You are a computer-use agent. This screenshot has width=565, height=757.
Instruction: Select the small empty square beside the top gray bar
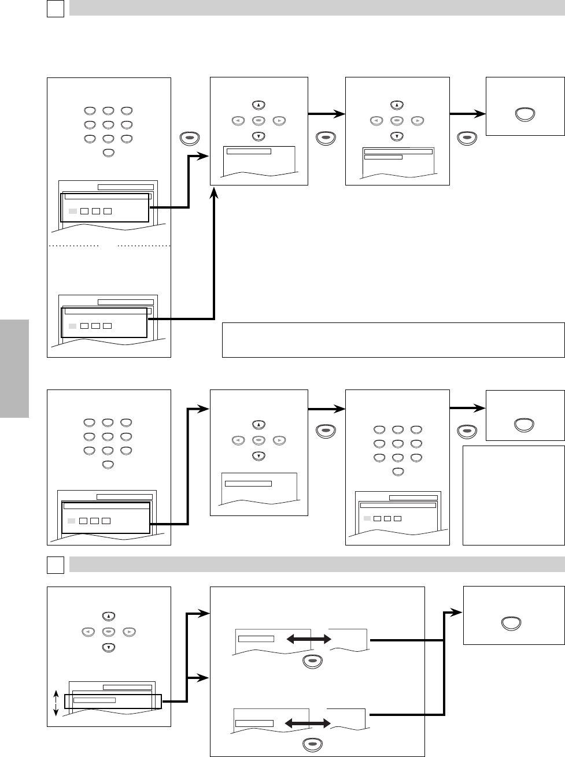tap(55, 8)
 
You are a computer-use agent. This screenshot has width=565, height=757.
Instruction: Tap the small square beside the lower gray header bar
tap(55, 565)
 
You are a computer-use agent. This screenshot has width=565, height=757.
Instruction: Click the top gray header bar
tap(316, 8)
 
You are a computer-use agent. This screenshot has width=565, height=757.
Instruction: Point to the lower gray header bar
tap(316, 564)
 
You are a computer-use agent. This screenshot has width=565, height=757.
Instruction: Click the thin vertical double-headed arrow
tap(56, 703)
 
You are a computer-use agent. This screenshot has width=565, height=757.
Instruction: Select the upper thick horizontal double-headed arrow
tap(309, 639)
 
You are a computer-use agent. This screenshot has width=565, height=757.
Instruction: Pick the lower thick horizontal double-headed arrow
tap(308, 723)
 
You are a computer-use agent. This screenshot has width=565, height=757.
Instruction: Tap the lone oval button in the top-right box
tap(525, 114)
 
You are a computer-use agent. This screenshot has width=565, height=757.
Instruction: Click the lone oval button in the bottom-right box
tap(511, 623)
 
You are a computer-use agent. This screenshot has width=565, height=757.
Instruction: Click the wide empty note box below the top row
tap(393, 340)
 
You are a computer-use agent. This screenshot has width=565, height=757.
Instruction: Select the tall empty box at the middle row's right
tap(514, 495)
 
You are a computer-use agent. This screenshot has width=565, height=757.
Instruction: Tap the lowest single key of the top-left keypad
tap(108, 153)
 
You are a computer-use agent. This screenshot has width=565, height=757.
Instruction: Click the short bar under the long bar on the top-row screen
tap(383, 157)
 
